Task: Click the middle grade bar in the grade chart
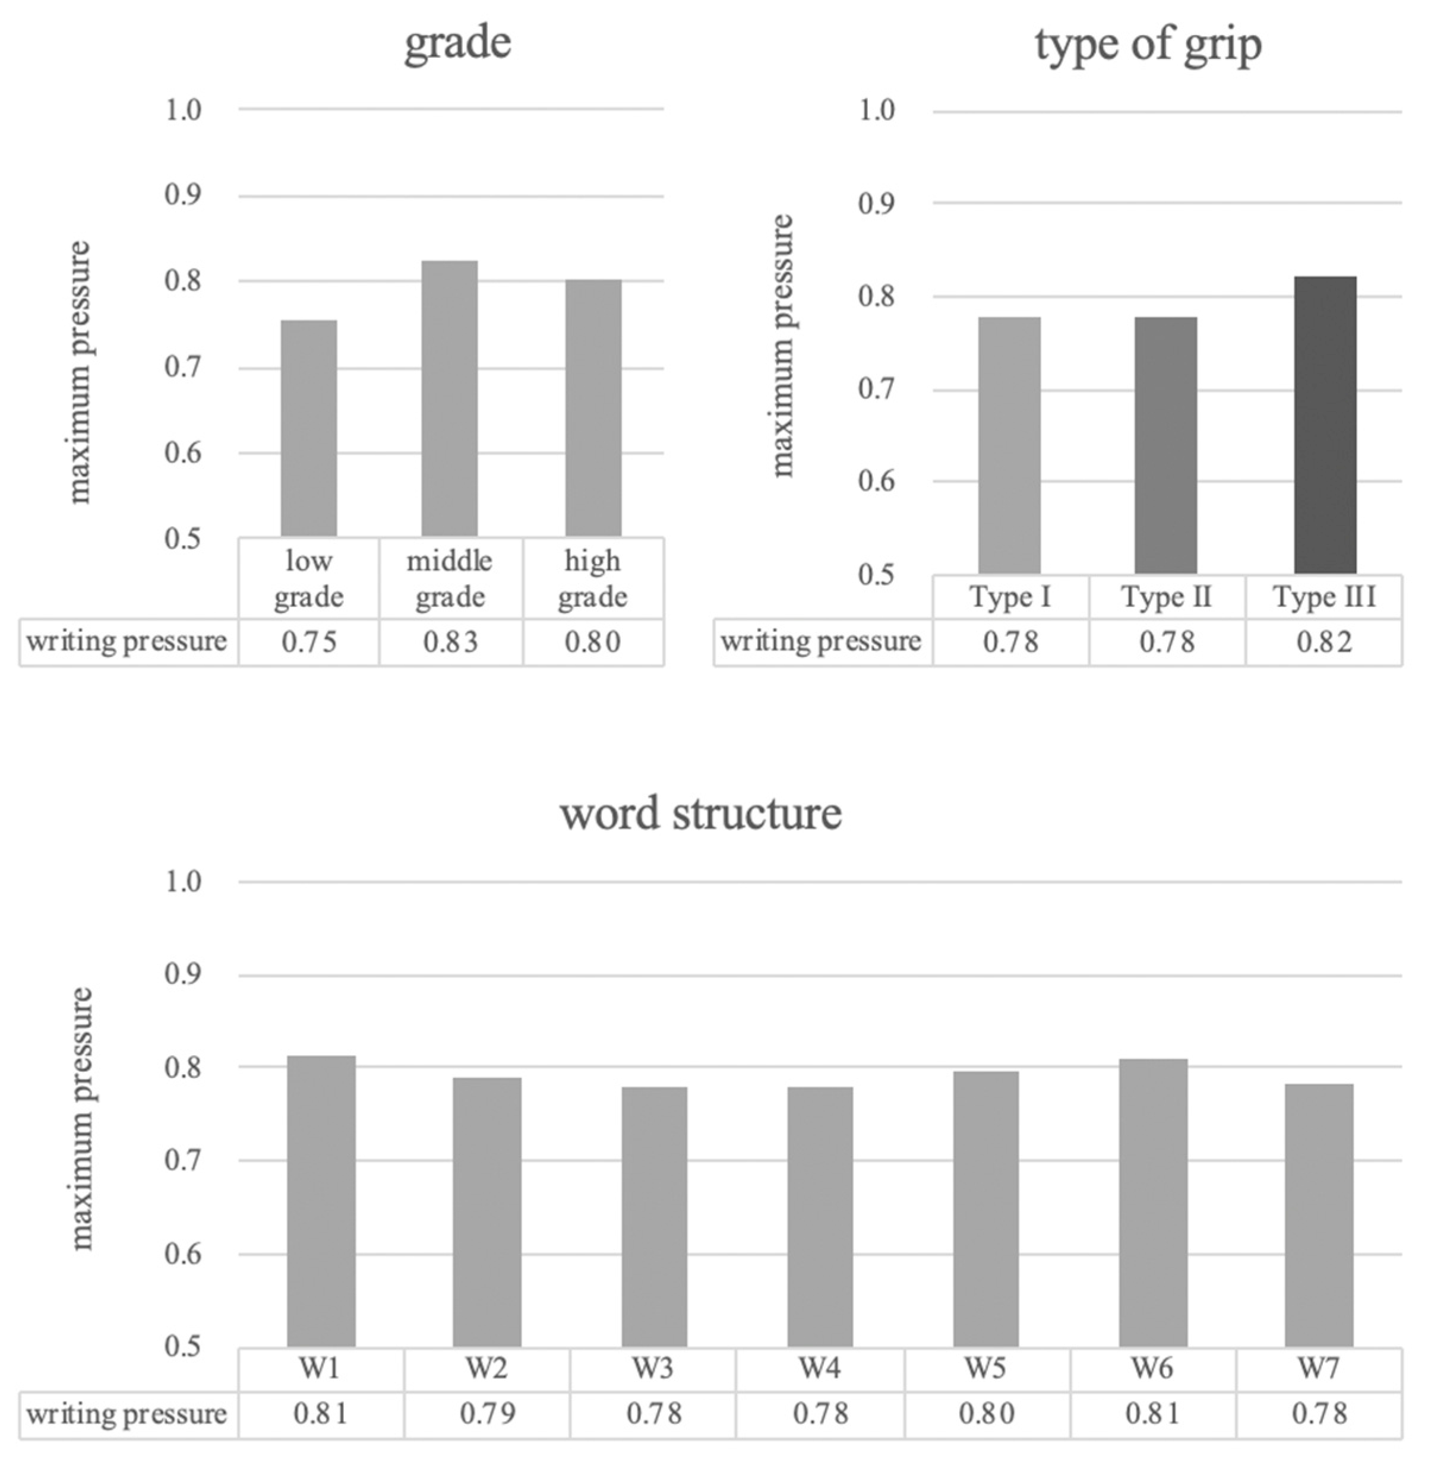(450, 398)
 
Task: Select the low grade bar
(309, 428)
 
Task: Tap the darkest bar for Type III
(1325, 425)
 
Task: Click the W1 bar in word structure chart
(321, 1202)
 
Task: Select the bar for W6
(1153, 1204)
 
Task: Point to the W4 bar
(820, 1217)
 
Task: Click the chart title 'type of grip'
(1148, 45)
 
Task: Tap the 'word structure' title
(700, 813)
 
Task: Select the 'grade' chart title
(458, 42)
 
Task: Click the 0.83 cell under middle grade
(450, 643)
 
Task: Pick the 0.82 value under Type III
(1323, 643)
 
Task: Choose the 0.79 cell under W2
(487, 1414)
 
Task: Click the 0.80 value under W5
(986, 1414)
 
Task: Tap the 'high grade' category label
(592, 578)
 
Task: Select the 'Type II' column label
(1167, 597)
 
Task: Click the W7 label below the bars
(1318, 1369)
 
